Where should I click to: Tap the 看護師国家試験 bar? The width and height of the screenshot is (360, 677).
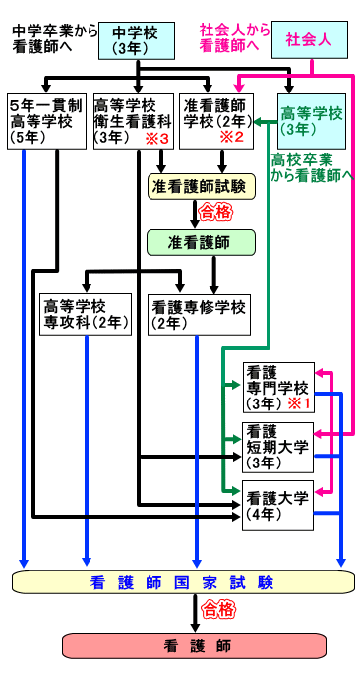coord(183,582)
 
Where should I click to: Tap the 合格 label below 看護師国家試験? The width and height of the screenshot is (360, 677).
coord(213,611)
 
